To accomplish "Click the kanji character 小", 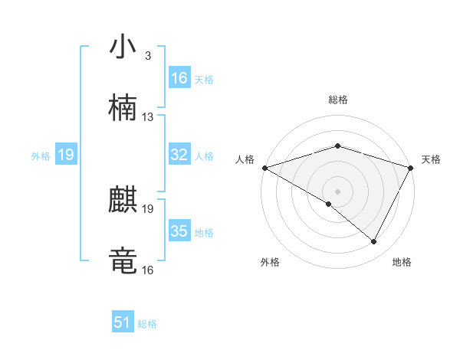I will click(123, 47).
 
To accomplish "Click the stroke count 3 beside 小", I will click(147, 57).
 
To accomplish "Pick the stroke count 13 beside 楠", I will click(148, 117).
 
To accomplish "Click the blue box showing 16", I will click(179, 78).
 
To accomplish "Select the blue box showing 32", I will click(179, 155).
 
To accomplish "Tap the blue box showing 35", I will click(179, 231).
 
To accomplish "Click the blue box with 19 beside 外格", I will click(65, 155).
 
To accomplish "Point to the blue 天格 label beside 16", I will click(204, 79).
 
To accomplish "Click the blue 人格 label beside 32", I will click(204, 155).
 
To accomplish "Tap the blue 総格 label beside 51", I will click(147, 323).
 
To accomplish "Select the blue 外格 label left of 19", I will click(41, 155).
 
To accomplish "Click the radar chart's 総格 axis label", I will click(337, 100).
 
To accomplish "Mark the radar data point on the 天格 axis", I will click(411, 168).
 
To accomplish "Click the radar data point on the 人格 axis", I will click(264, 168).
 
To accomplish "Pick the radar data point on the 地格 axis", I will click(374, 242).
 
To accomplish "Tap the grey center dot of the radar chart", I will click(337, 191).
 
